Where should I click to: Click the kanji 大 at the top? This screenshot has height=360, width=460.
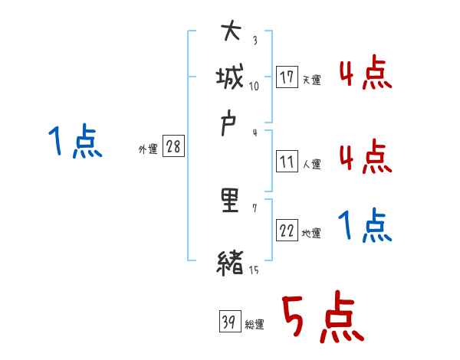[231, 33]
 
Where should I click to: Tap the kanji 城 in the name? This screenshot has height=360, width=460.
[231, 77]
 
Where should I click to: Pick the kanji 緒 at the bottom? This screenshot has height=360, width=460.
[231, 263]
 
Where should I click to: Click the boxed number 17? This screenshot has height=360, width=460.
[287, 77]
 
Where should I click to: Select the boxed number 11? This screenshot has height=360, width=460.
[287, 162]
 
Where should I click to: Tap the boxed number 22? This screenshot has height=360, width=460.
[287, 231]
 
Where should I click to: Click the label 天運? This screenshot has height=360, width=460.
[311, 80]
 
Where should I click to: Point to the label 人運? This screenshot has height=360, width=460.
[311, 164]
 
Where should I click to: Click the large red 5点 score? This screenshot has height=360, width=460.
[321, 318]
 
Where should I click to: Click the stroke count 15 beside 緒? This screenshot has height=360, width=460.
[253, 270]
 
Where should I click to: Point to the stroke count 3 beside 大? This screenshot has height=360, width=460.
[254, 40]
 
